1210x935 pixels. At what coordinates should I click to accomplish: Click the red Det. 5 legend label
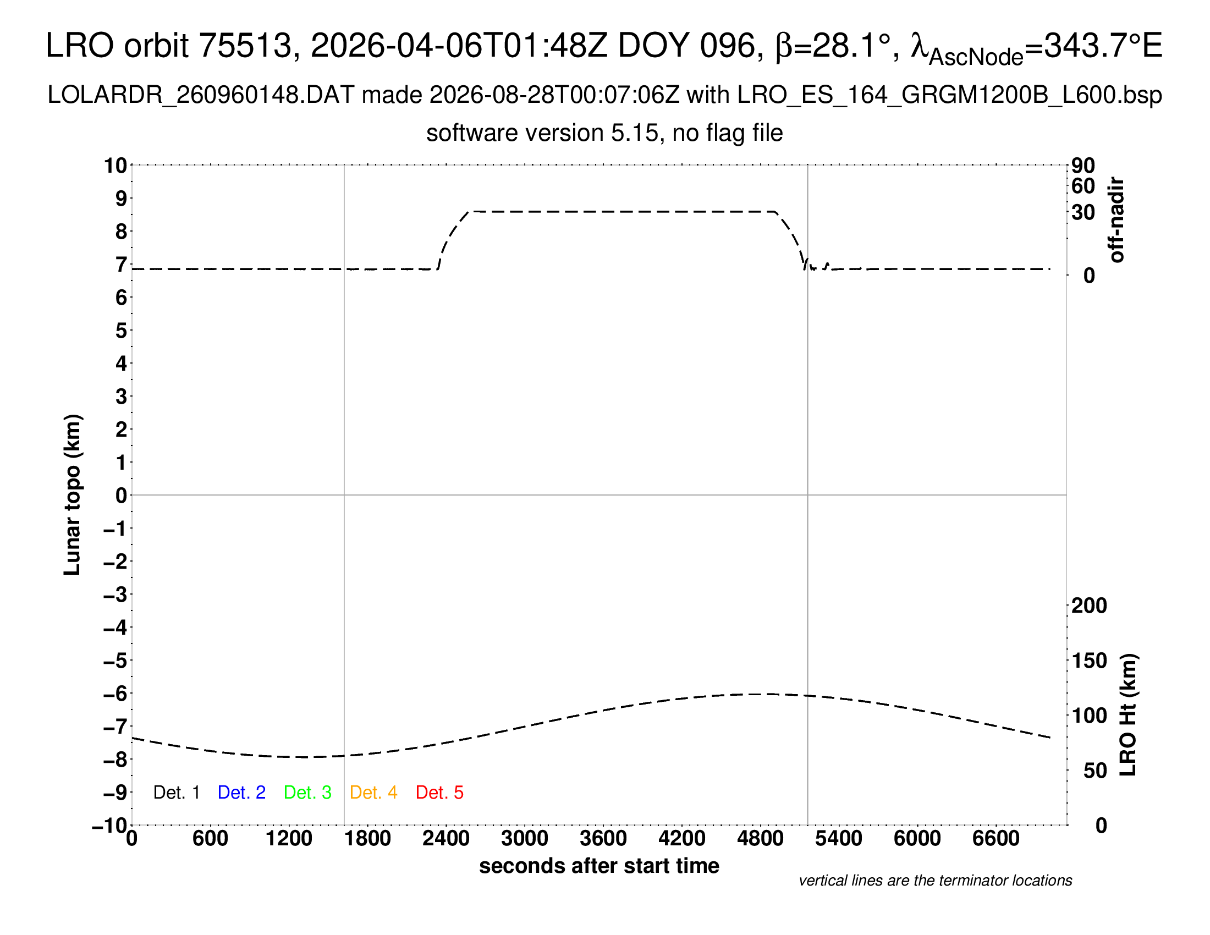(439, 792)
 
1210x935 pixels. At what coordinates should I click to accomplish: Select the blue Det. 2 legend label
(241, 792)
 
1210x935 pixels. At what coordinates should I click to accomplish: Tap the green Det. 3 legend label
(307, 792)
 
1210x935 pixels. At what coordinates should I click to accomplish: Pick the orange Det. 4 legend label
(373, 792)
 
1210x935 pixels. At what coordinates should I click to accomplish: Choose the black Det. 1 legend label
(176, 792)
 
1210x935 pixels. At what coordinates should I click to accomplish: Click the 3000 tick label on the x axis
(525, 839)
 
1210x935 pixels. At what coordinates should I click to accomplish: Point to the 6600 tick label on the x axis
(996, 839)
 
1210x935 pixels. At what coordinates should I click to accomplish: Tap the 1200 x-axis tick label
(289, 839)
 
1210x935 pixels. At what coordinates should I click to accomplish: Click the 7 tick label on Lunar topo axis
(121, 265)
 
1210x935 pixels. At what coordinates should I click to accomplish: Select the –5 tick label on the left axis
(116, 661)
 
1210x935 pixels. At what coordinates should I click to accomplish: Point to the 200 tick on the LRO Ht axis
(1089, 606)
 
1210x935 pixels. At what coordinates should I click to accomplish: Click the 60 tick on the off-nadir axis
(1083, 186)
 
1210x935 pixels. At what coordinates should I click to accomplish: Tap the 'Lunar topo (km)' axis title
(73, 494)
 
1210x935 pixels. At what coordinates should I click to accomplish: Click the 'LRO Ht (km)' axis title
(1128, 715)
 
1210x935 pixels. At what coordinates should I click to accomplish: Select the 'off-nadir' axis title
(1117, 220)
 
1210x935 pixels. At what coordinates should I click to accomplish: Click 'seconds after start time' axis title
(599, 866)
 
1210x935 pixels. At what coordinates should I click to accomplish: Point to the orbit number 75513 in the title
(245, 45)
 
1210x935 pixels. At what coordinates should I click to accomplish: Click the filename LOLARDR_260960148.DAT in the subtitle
(201, 95)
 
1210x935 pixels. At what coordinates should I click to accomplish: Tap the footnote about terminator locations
(935, 881)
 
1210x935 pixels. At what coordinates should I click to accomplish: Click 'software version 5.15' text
(542, 134)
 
